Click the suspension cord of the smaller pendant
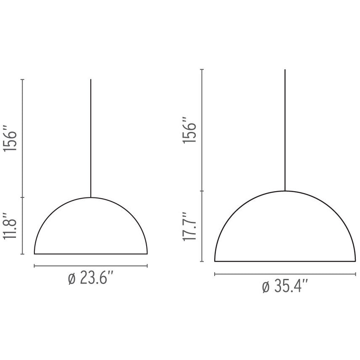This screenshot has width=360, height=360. click(x=91, y=139)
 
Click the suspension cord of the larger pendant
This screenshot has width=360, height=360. click(x=285, y=130)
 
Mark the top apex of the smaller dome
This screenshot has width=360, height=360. click(x=91, y=197)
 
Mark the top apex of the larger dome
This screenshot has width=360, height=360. click(x=285, y=191)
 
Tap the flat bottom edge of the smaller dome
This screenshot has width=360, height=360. click(x=91, y=254)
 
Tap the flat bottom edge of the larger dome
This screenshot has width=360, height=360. click(x=285, y=261)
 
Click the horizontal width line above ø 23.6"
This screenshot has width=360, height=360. click(x=91, y=266)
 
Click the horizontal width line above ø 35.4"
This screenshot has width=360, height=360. click(x=285, y=274)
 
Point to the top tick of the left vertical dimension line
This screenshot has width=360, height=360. click(x=23, y=79)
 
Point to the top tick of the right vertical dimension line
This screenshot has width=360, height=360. click(x=203, y=69)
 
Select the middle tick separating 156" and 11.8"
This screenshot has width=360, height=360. click(x=23, y=197)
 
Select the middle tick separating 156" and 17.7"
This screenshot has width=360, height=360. click(x=203, y=191)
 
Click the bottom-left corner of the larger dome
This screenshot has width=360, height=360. click(x=215, y=261)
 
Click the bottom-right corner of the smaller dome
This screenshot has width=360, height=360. click(x=147, y=253)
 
